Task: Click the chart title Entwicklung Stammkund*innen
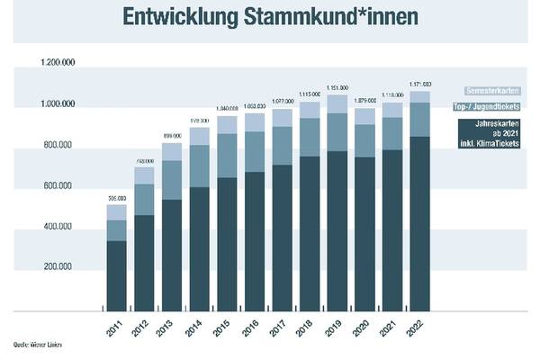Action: click(x=269, y=18)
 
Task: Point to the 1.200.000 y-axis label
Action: click(x=57, y=64)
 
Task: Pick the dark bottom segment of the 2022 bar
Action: click(x=420, y=224)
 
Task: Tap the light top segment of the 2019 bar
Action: click(x=337, y=103)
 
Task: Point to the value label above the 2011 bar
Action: click(x=116, y=198)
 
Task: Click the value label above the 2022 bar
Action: click(x=420, y=84)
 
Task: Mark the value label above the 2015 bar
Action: click(x=228, y=110)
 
